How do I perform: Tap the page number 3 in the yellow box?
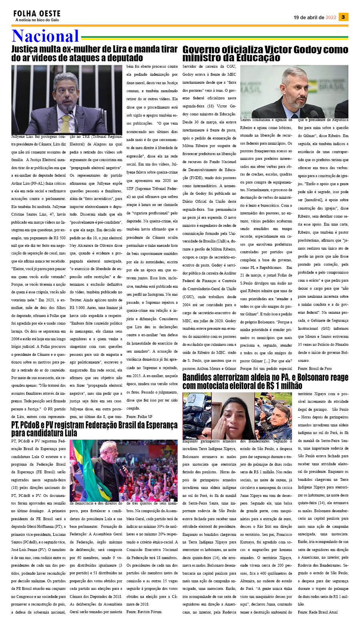pyautogui.click(x=343, y=17)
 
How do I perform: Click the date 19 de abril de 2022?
pyautogui.click(x=315, y=18)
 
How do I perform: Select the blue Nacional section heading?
pyautogui.click(x=45, y=36)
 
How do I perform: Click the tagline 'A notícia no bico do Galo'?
pyautogui.click(x=37, y=20)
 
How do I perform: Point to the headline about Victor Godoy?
pyautogui.click(x=265, y=53)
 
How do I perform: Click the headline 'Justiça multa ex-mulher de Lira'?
pyautogui.click(x=94, y=53)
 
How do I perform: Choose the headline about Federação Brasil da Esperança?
pyautogui.click(x=94, y=429)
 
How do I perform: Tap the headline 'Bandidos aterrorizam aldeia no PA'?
pyautogui.click(x=265, y=382)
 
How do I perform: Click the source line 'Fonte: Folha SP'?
pyautogui.click(x=139, y=417)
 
